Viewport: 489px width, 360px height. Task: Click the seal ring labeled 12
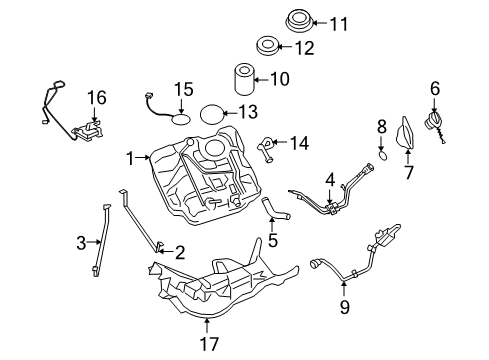(268, 46)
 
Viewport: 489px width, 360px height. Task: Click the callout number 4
(329, 181)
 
